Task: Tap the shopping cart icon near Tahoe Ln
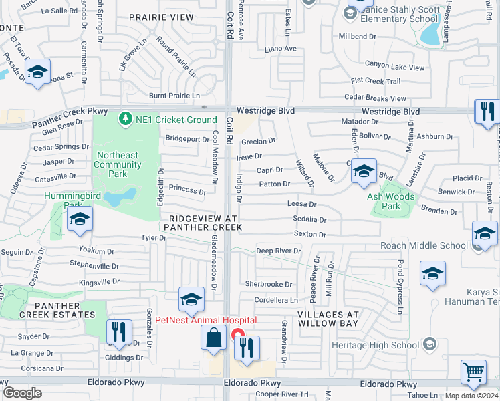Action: point(473,372)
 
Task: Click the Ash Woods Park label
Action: point(390,201)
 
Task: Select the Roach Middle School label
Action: point(424,245)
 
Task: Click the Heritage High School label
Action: point(375,345)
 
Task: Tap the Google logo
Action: point(23,392)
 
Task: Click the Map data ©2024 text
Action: point(472,396)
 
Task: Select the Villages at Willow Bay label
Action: point(328,319)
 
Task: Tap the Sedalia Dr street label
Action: point(309,219)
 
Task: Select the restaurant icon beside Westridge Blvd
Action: point(487,110)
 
